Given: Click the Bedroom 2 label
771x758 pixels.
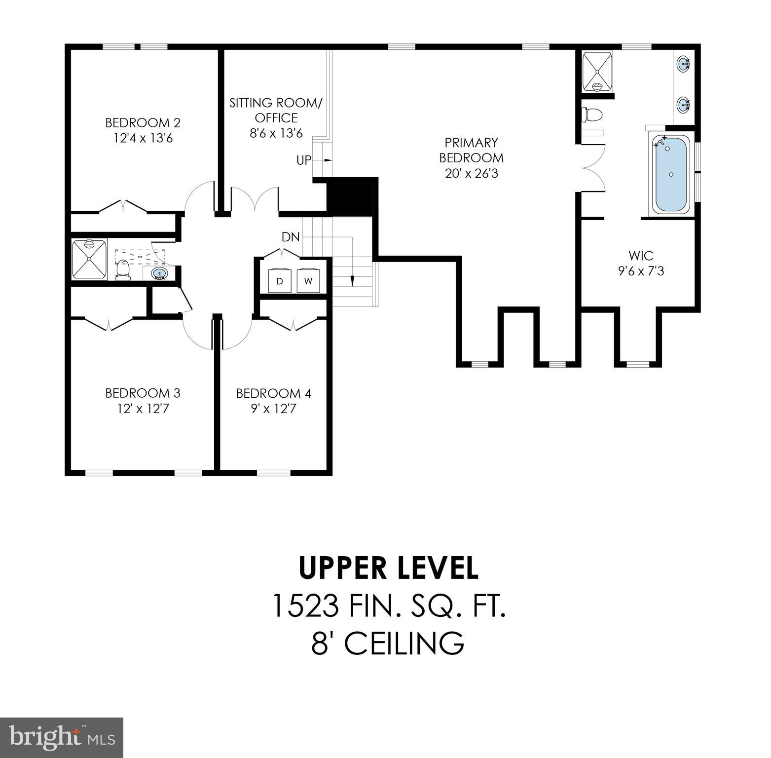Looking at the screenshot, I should [x=143, y=122].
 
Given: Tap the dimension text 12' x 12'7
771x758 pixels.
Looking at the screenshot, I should [x=143, y=409].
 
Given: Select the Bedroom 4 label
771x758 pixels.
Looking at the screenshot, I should [x=273, y=393].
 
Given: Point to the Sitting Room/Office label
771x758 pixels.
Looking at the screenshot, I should [x=276, y=110].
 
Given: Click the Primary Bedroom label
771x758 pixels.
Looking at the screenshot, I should [x=472, y=150].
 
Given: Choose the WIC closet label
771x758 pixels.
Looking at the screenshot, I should [x=641, y=256].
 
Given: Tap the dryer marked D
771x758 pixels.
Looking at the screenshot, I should [x=280, y=281].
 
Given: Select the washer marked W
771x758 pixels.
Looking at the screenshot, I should [x=308, y=281].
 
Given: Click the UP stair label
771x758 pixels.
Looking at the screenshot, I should [x=304, y=160].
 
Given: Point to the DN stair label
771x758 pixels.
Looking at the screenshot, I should [x=291, y=237].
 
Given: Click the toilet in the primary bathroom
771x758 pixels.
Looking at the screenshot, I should [x=592, y=114].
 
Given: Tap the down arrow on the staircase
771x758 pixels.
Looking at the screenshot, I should [x=352, y=280].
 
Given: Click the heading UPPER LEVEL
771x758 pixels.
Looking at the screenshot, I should [x=389, y=568].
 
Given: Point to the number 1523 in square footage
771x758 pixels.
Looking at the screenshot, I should [x=305, y=606].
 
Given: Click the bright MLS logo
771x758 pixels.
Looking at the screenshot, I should [x=62, y=738].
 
